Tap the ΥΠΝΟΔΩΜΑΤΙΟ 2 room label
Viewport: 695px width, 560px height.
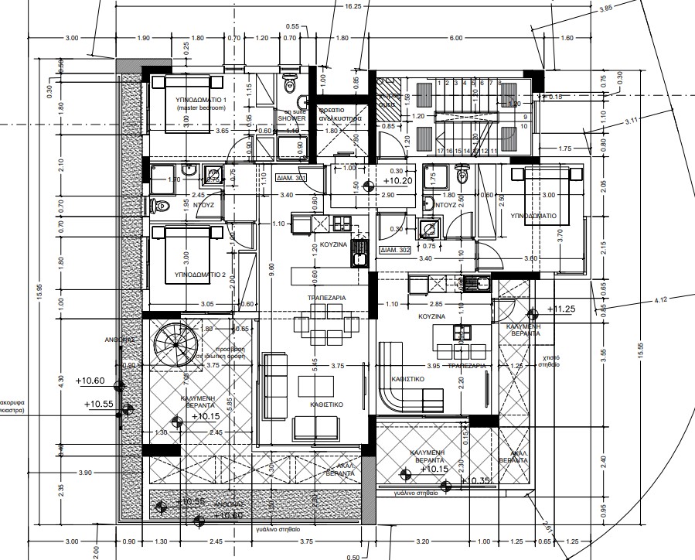[x=189, y=275]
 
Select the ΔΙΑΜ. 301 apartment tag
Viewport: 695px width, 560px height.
[x=290, y=177]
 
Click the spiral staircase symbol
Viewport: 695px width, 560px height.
[x=176, y=346]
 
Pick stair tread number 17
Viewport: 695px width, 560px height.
[x=440, y=151]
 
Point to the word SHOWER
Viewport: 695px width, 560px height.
[x=292, y=119]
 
